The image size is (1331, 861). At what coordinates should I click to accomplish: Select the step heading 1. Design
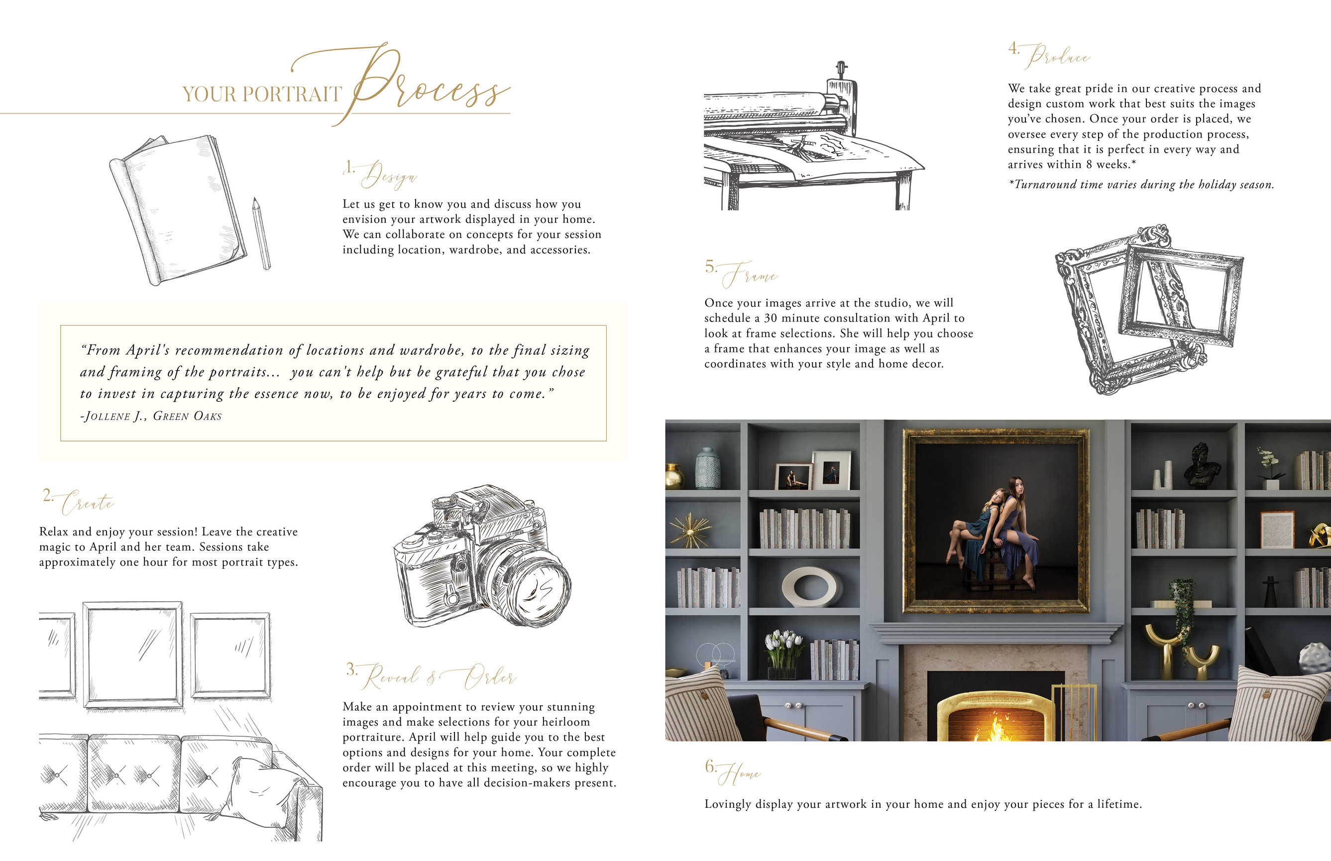coord(380,173)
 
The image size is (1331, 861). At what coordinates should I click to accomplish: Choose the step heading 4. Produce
coord(1049,56)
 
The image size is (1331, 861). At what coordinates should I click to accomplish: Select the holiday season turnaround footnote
coord(1141,185)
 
